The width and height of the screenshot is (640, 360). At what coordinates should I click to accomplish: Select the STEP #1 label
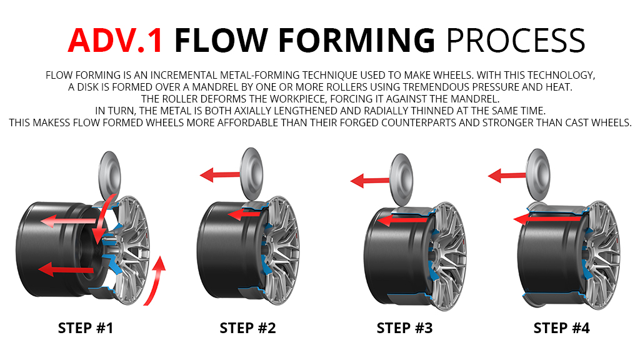[86, 328]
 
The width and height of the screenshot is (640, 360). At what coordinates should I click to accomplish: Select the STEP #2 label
[247, 328]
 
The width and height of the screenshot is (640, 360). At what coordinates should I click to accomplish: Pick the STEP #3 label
[404, 328]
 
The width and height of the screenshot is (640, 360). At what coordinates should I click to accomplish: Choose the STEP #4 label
[561, 328]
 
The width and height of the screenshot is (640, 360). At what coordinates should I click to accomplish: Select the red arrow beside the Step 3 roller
[369, 181]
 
